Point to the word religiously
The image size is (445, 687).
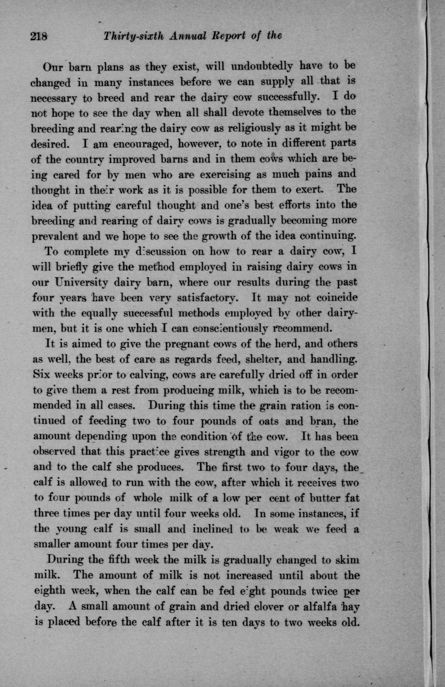pos(254,128)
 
